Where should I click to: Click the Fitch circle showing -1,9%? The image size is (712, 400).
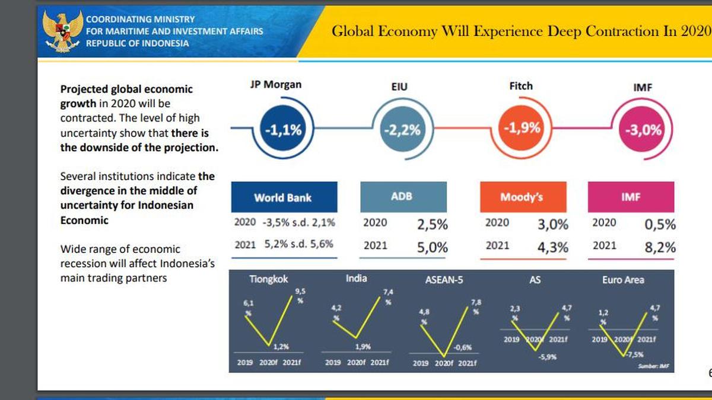522,128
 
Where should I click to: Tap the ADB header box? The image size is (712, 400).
403,197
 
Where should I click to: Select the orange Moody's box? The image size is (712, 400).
522,197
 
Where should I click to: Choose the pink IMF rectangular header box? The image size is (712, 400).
631,197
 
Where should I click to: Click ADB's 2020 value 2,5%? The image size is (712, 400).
432,225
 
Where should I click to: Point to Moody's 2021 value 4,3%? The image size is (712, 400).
552,248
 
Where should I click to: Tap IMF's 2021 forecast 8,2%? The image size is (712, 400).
660,248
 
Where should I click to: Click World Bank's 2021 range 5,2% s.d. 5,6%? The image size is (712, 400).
299,244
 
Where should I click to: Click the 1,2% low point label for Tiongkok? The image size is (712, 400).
280,347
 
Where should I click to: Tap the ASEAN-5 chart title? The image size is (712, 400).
444,280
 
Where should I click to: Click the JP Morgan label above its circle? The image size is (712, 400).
275,84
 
